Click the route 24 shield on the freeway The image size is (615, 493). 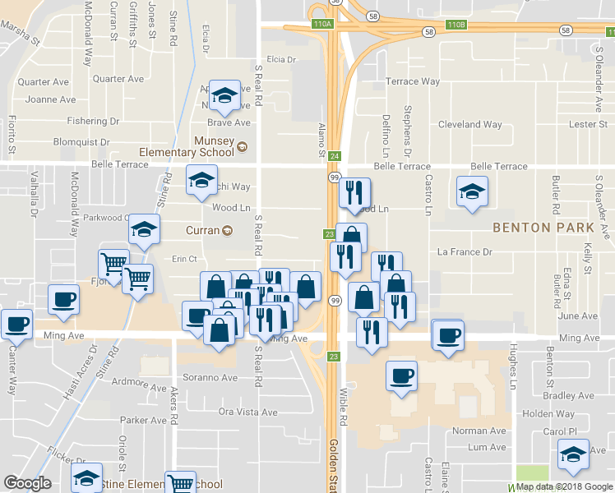[335, 156]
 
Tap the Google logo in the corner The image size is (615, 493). [28, 483]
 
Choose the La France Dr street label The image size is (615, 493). [464, 251]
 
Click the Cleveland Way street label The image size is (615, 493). [469, 125]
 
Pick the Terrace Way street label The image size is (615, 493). [413, 81]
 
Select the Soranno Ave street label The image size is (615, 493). [210, 379]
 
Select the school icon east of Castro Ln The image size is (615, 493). [472, 193]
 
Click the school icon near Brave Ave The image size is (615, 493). [224, 96]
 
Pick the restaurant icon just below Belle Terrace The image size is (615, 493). [354, 194]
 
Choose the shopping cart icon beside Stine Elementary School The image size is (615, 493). [181, 483]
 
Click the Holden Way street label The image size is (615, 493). [548, 414]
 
